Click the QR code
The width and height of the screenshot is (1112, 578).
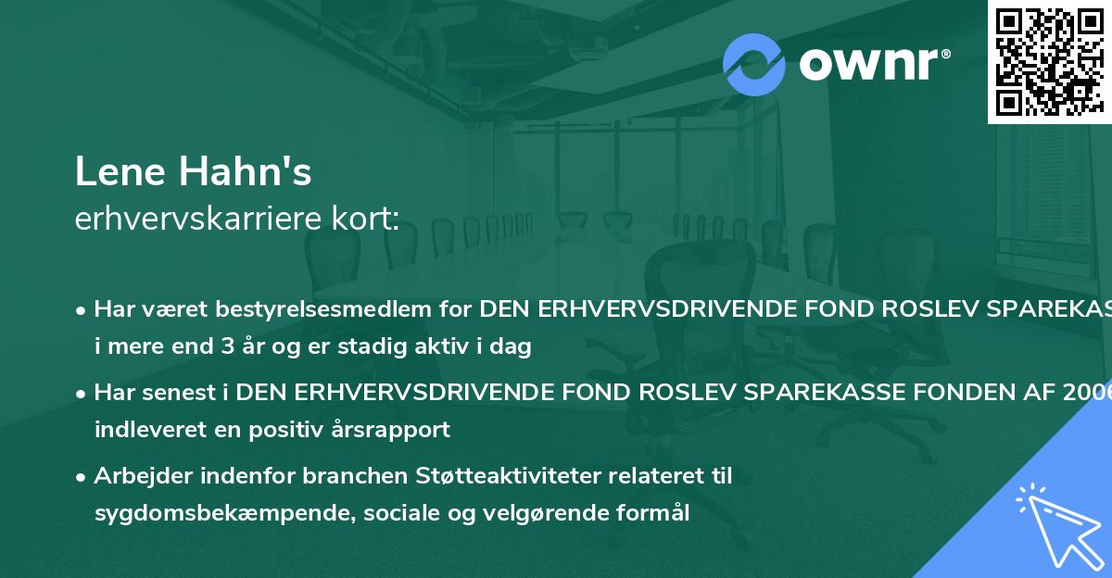1049,61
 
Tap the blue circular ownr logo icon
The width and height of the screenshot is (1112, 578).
754,64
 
